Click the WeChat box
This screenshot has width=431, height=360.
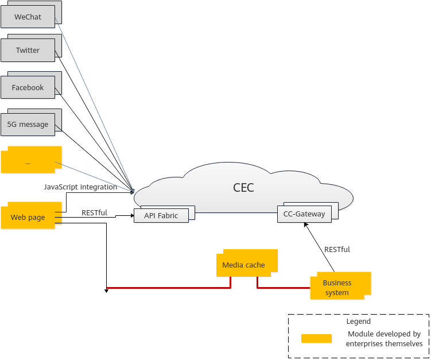[28, 17]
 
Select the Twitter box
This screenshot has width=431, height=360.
[28, 50]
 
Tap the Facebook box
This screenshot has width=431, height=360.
[28, 87]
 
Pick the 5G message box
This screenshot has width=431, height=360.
[28, 124]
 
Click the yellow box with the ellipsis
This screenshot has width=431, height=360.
[28, 162]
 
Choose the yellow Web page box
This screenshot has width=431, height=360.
[28, 218]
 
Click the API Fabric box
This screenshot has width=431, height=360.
[161, 215]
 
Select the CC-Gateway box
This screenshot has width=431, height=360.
[304, 214]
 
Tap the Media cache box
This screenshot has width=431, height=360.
[244, 265]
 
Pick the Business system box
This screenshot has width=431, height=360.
[337, 287]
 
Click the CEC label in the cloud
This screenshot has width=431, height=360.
[243, 187]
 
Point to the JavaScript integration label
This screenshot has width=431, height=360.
[80, 187]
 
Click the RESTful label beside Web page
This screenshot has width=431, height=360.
[94, 212]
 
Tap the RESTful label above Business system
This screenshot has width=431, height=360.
[337, 249]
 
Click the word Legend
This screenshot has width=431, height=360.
[358, 322]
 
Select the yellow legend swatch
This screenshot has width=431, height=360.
[316, 338]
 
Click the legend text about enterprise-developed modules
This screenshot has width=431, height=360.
[384, 338]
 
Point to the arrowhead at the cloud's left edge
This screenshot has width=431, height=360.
[133, 191]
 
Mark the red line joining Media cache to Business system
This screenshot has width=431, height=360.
[281, 287]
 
